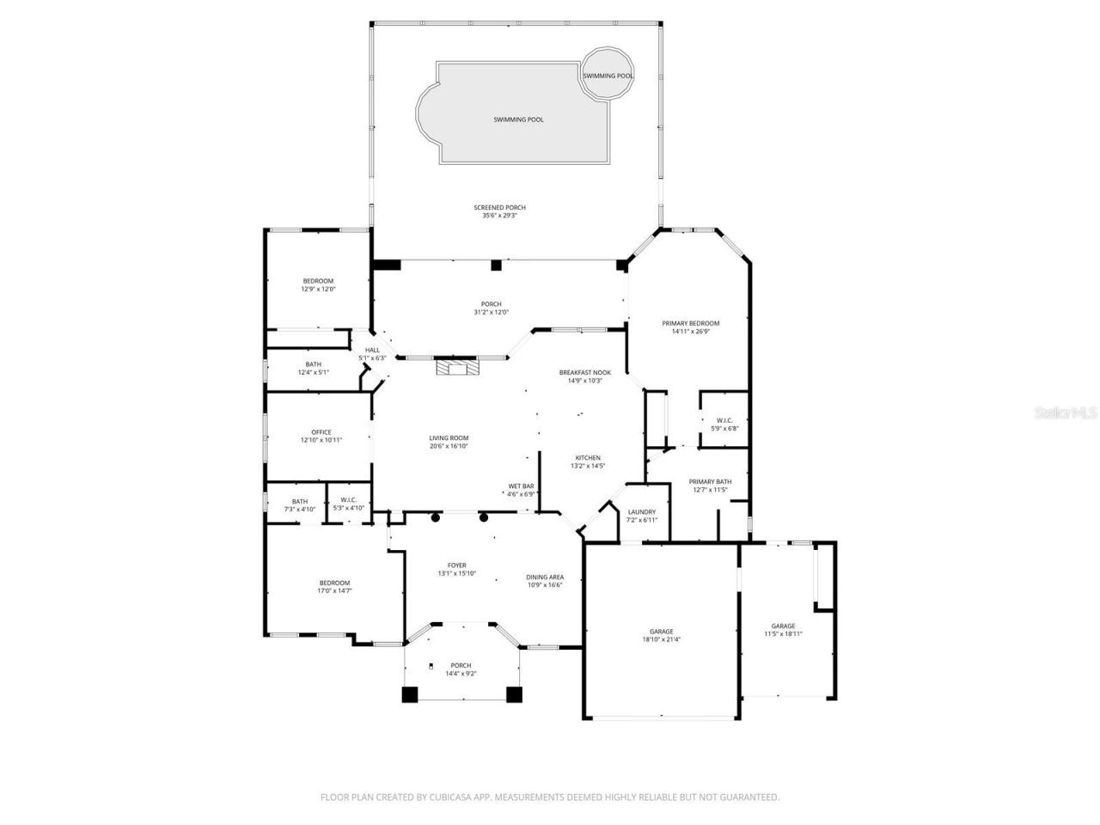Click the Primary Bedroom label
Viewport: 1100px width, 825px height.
pyautogui.click(x=690, y=324)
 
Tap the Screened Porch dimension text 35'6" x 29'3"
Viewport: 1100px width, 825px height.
pyautogui.click(x=499, y=216)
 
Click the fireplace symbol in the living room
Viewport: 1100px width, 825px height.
pyautogui.click(x=455, y=368)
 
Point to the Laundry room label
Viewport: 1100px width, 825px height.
pyautogui.click(x=641, y=512)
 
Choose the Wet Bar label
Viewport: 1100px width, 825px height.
pyautogui.click(x=522, y=486)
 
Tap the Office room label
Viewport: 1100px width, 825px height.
pyautogui.click(x=321, y=433)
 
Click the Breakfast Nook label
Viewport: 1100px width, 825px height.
pyautogui.click(x=584, y=373)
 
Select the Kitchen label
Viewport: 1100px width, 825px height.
pyautogui.click(x=588, y=458)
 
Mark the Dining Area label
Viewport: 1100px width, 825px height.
pyautogui.click(x=544, y=577)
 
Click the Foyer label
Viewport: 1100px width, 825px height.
pyautogui.click(x=456, y=565)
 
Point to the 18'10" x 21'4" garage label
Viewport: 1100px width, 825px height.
pyautogui.click(x=661, y=632)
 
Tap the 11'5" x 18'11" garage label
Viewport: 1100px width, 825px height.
pyautogui.click(x=782, y=626)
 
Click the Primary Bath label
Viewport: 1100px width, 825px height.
pyautogui.click(x=710, y=482)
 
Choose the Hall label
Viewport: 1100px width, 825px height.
pyautogui.click(x=372, y=351)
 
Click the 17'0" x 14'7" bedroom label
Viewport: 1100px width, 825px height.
pyautogui.click(x=334, y=584)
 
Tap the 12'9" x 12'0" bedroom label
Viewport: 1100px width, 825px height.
pyautogui.click(x=317, y=282)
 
